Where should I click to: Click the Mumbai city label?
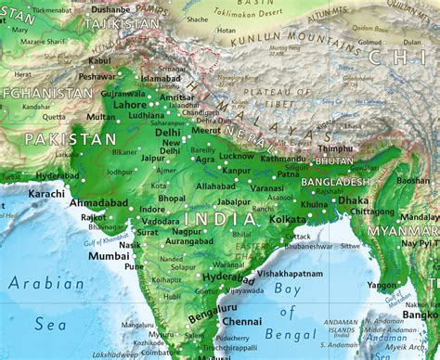click(x=109, y=255)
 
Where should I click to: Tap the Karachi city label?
click(x=46, y=195)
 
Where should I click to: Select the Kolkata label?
click(x=288, y=220)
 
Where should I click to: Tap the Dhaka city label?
click(x=353, y=199)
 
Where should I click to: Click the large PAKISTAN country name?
click(x=71, y=138)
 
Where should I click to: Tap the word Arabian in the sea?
click(x=45, y=281)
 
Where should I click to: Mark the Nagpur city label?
click(x=188, y=231)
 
